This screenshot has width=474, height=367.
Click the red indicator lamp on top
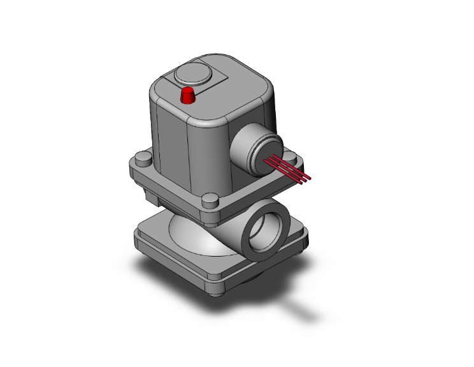click(x=188, y=96)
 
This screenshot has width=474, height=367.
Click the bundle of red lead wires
click(x=289, y=167)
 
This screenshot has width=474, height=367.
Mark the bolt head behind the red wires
click(x=290, y=156)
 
